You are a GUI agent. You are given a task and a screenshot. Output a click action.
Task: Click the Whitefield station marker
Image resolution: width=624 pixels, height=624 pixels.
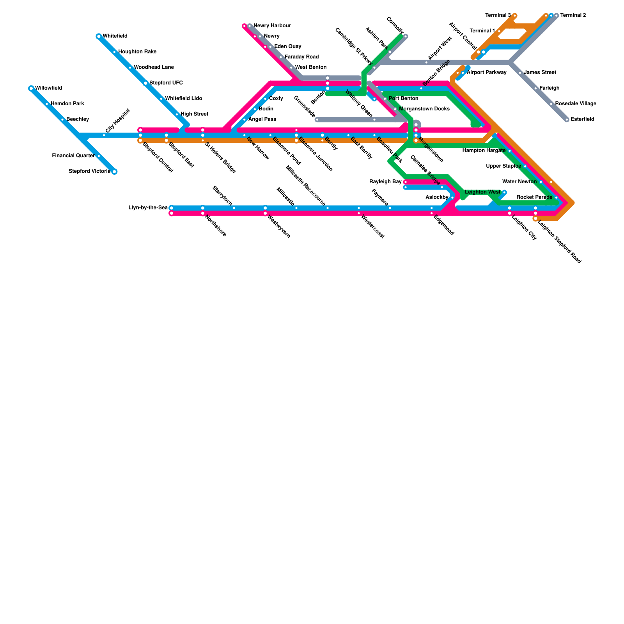click(x=99, y=36)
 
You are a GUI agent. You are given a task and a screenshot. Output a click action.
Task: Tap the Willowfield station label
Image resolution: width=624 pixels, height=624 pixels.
click(x=48, y=88)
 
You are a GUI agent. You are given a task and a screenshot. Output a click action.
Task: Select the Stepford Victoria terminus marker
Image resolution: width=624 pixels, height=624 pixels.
click(x=114, y=172)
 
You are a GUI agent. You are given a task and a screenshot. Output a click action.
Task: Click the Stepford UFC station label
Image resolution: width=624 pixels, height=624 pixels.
click(x=166, y=83)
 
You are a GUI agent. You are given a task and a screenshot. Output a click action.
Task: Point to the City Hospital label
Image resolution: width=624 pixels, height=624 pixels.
click(x=117, y=121)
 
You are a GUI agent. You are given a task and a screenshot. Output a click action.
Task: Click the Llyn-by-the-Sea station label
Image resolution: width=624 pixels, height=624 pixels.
click(x=148, y=207)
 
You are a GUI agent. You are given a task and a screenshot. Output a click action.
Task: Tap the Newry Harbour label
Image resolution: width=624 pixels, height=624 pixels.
click(x=272, y=26)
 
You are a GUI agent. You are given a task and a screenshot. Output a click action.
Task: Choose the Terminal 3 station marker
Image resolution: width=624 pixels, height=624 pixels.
click(x=515, y=16)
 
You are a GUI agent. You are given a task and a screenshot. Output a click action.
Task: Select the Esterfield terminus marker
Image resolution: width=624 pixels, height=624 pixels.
click(x=567, y=120)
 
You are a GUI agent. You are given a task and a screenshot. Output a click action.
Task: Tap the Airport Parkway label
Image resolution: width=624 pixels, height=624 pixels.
click(x=486, y=73)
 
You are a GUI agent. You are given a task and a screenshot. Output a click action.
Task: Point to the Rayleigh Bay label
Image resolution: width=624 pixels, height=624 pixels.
click(x=385, y=182)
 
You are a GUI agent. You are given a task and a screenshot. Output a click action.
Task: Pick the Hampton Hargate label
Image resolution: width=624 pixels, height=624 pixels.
click(x=484, y=150)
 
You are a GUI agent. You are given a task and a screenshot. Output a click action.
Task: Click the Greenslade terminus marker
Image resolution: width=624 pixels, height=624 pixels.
click(x=317, y=120)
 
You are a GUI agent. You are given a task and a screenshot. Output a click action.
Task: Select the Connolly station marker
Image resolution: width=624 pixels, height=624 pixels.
click(x=406, y=36)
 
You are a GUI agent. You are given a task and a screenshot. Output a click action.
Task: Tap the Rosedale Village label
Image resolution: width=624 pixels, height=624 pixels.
click(x=575, y=104)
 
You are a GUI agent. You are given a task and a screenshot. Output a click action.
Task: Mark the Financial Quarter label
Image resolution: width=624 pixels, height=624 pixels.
click(x=73, y=156)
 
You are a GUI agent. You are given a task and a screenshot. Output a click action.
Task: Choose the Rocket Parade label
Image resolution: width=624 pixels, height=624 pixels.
click(x=534, y=197)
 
